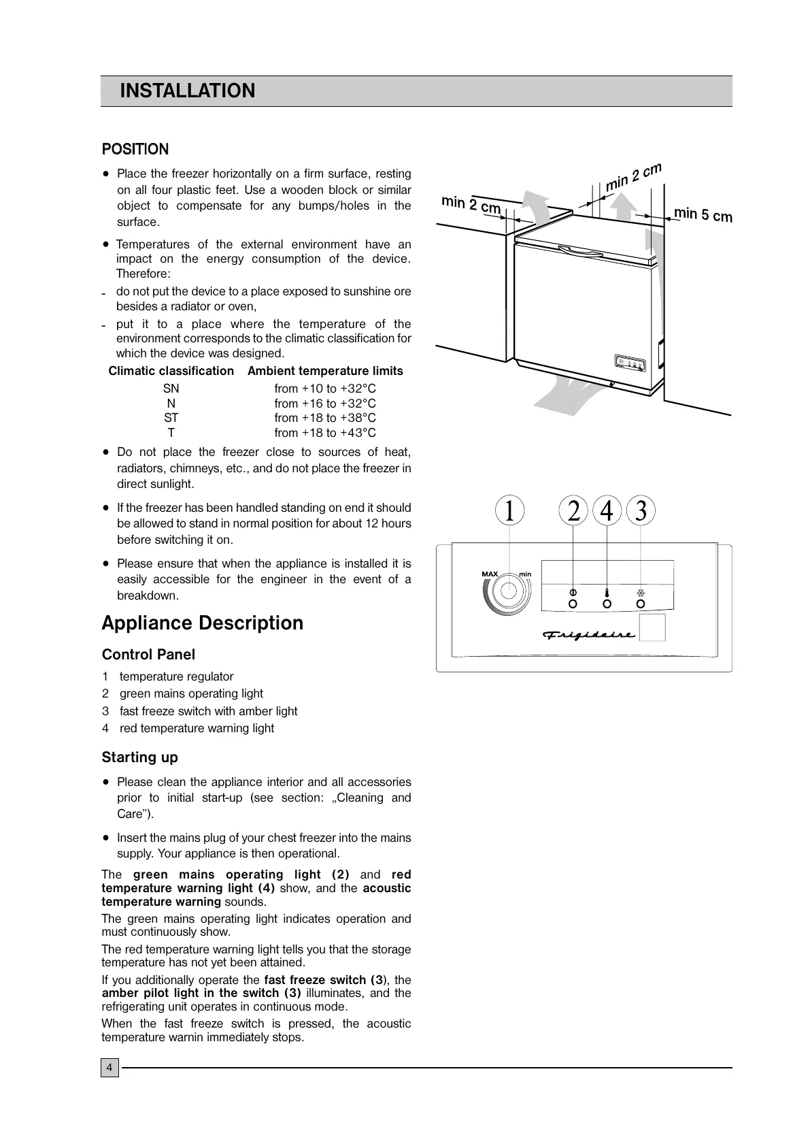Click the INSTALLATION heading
point(187,91)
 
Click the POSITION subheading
point(135,149)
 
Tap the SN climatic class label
point(171,389)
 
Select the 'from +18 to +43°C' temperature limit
point(325,433)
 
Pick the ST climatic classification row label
point(171,418)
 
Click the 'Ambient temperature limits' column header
point(325,371)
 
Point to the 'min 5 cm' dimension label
point(703,215)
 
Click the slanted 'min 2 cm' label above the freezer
point(633,177)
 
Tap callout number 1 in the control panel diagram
point(509,511)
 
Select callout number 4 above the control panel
point(607,511)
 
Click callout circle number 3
point(640,511)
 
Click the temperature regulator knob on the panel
point(508,591)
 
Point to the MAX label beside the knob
point(490,574)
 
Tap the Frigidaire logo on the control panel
point(589,635)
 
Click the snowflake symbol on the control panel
point(640,591)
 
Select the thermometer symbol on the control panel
point(607,591)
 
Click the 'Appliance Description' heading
point(203,623)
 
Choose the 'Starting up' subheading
point(139,757)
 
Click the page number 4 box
point(109,1068)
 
